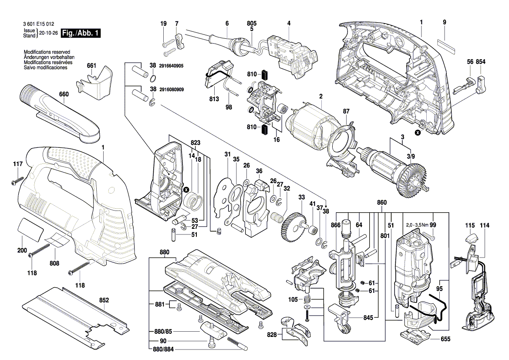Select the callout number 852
(104, 300)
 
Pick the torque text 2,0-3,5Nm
(416, 225)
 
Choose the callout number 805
(252, 23)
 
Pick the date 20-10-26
(48, 33)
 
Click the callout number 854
(480, 62)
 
